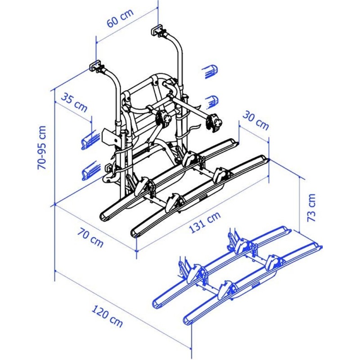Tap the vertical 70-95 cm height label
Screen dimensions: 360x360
42,147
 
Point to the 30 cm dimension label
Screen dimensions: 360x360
256,119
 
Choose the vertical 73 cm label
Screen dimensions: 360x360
311,207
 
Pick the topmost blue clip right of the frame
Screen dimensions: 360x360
210,71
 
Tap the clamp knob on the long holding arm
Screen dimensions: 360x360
214,122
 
